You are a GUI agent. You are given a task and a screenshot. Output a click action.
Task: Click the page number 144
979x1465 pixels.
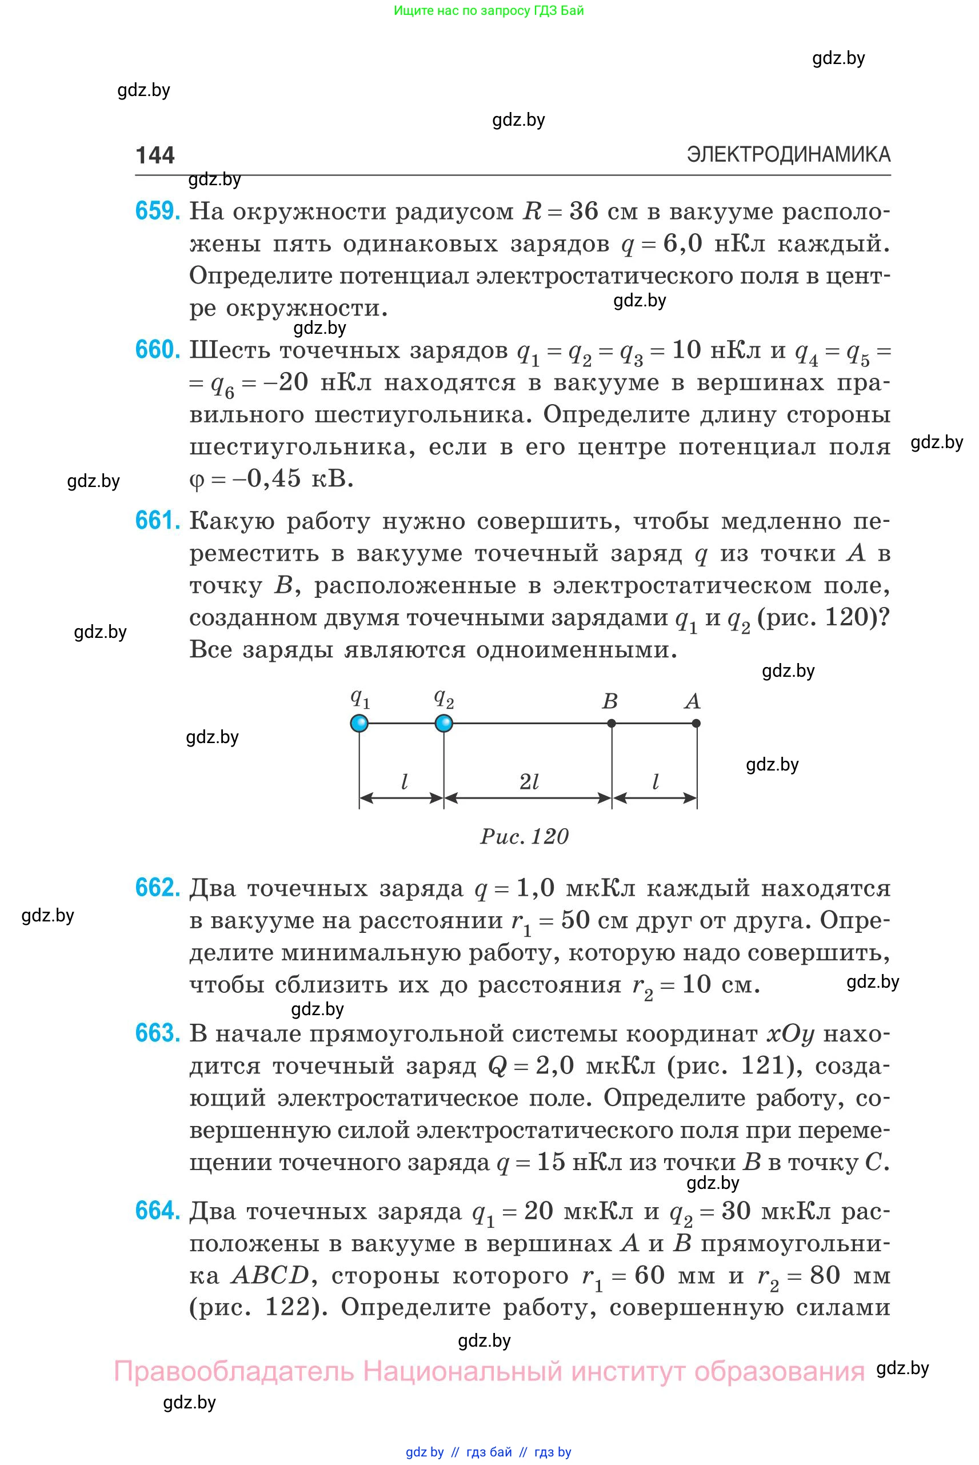(x=155, y=155)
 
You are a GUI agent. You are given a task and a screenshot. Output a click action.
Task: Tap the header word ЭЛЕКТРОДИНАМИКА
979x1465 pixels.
(x=788, y=154)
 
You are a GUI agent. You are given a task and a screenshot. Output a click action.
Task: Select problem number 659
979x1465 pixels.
(x=157, y=211)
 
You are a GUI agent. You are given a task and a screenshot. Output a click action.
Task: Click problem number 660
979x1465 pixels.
(x=157, y=350)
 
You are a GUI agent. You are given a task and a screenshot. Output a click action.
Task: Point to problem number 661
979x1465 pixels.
(x=157, y=521)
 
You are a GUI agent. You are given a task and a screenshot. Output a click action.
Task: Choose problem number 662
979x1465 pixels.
(x=157, y=888)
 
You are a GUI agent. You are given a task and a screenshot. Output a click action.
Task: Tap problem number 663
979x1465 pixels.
(x=157, y=1033)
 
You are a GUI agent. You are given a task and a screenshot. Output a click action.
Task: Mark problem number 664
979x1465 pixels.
(x=157, y=1211)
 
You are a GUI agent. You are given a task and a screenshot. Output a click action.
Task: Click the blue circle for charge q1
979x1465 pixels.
(x=359, y=723)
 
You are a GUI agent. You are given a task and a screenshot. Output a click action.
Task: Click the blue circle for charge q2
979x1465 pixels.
(x=443, y=723)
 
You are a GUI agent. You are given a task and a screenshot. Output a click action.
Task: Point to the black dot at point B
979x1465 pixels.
(x=612, y=723)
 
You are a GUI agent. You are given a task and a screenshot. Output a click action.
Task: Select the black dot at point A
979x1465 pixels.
(x=697, y=723)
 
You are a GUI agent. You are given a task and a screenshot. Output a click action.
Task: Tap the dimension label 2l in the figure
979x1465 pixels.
(x=529, y=782)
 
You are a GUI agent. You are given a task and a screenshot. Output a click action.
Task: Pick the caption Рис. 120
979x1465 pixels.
(x=525, y=836)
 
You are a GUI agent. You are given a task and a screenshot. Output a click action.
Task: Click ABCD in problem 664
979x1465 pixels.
(x=270, y=1275)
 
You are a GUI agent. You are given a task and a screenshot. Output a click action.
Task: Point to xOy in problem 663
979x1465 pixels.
(x=790, y=1034)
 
